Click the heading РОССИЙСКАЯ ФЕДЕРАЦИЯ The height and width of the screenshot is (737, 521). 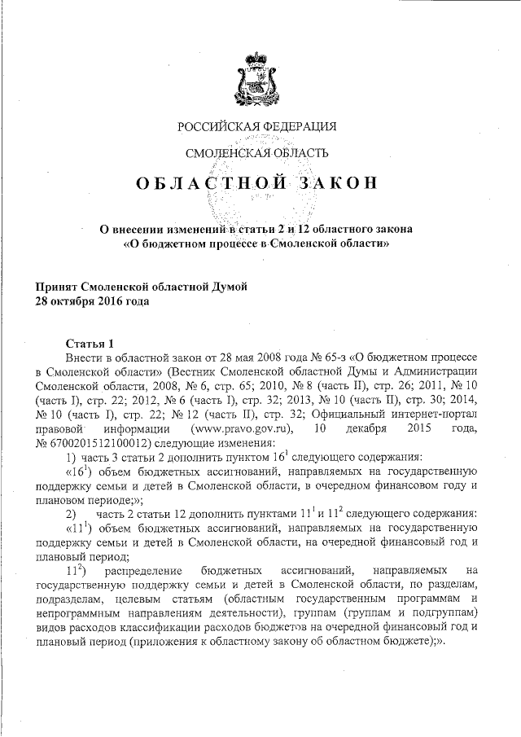pyautogui.click(x=257, y=126)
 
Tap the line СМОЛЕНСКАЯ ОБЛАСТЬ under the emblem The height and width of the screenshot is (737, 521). pyautogui.click(x=257, y=153)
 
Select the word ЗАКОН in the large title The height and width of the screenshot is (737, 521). pyautogui.click(x=330, y=182)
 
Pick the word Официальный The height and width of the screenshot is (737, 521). pyautogui.click(x=366, y=415)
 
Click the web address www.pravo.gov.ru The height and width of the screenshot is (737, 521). pyautogui.click(x=240, y=429)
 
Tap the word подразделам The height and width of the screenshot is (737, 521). pyautogui.click(x=68, y=600)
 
